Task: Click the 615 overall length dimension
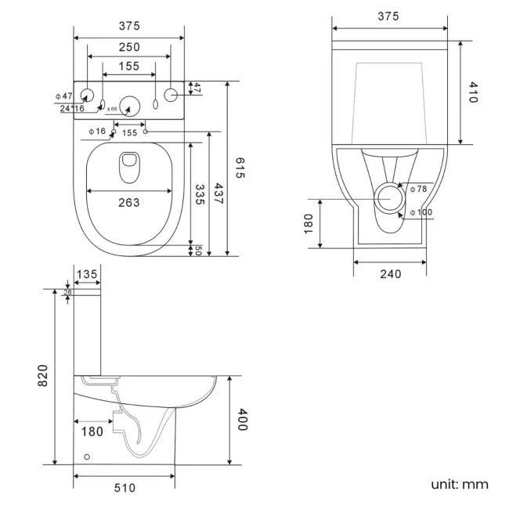click(x=240, y=167)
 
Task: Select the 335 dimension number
click(x=200, y=194)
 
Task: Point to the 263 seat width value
click(x=128, y=203)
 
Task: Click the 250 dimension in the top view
click(x=129, y=48)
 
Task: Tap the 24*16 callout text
click(x=72, y=108)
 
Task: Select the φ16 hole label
click(x=97, y=131)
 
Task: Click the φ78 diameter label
click(x=418, y=189)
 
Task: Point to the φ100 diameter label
click(x=421, y=212)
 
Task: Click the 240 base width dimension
click(x=390, y=273)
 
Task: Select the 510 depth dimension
click(x=125, y=488)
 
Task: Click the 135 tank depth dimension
click(x=87, y=274)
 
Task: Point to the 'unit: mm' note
click(x=459, y=484)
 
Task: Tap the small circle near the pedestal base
click(x=87, y=457)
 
